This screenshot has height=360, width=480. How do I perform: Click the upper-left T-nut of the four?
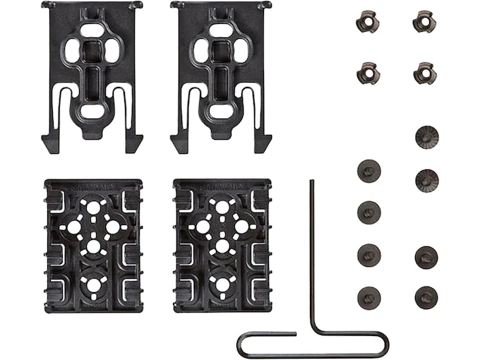pyautogui.click(x=367, y=21)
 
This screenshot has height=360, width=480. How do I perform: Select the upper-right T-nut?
pyautogui.click(x=424, y=21)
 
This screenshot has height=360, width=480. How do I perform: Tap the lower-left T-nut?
pyautogui.click(x=367, y=72)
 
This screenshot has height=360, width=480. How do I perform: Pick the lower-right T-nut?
pyautogui.click(x=424, y=72)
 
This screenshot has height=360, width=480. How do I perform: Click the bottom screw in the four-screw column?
pyautogui.click(x=368, y=296)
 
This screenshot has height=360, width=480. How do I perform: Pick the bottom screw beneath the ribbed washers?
pyautogui.click(x=426, y=296)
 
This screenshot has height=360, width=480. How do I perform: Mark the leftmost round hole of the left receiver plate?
pyautogui.click(x=73, y=227)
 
